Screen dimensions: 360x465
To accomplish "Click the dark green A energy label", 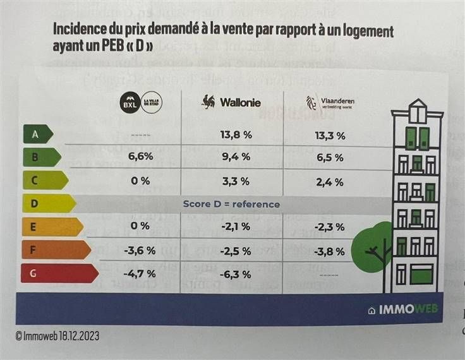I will click(36, 135).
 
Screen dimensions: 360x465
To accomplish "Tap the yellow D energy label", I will click(47, 204).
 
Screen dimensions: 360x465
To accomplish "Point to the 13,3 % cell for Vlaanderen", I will click(329, 135).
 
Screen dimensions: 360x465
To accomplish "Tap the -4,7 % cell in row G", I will click(140, 275).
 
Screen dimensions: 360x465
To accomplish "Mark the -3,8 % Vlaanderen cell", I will click(329, 251).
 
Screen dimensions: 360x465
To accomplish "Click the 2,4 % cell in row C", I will click(329, 182).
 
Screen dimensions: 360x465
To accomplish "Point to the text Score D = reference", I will click(231, 205).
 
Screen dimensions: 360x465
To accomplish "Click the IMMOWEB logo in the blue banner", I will click(402, 310).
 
